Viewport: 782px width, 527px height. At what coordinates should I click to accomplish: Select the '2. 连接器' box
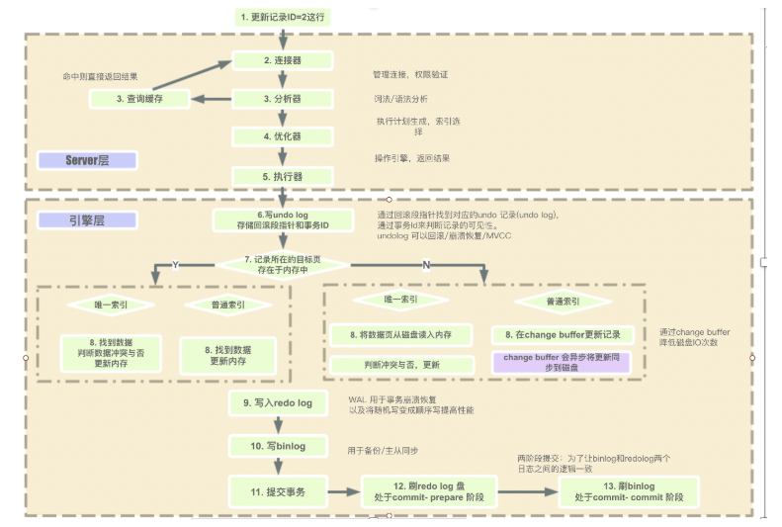tap(283, 60)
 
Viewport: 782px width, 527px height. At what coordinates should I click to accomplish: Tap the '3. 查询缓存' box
tap(138, 99)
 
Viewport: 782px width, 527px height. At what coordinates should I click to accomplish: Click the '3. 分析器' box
tap(283, 99)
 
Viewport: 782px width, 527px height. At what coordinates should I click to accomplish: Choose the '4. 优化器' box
tap(283, 136)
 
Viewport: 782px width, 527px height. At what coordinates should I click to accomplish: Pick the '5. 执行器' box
tap(283, 176)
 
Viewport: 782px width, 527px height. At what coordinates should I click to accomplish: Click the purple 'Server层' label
tap(87, 159)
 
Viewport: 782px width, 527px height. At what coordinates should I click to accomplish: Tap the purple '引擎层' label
tap(87, 220)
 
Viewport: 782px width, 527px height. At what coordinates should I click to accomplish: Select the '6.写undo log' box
tap(283, 220)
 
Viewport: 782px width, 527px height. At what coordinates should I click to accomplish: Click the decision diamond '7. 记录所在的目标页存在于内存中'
tap(283, 264)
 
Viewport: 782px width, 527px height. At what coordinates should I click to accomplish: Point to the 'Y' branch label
tap(176, 264)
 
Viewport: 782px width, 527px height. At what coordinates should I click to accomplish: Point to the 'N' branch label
tap(426, 264)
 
